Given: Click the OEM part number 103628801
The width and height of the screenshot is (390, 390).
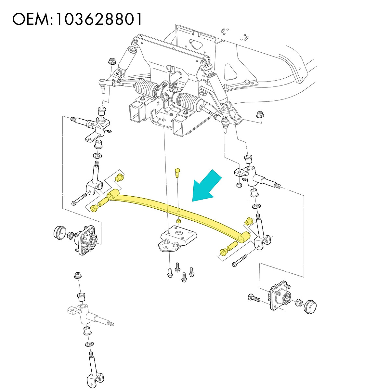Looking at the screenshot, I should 99,19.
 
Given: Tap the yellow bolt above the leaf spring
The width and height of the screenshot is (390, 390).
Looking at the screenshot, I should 177,172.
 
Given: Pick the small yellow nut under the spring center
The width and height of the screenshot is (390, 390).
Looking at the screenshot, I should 178,221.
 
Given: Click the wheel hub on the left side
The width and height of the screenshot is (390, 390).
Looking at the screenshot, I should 86,240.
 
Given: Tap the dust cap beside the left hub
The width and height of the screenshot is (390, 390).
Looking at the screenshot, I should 59,231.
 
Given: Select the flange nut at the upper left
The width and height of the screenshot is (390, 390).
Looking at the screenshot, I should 112,61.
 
